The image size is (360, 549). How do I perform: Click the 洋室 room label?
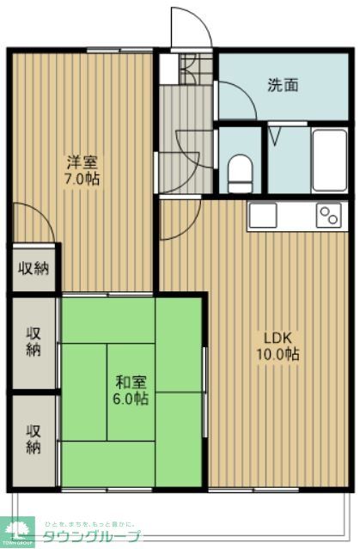[84, 161]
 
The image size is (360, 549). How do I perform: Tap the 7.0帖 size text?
[84, 180]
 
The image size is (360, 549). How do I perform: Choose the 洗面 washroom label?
[283, 84]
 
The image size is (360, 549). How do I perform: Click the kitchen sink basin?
[264, 216]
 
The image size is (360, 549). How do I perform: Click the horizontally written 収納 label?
[34, 268]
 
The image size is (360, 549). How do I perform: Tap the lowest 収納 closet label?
[34, 438]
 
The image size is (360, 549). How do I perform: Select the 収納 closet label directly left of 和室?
[34, 341]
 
